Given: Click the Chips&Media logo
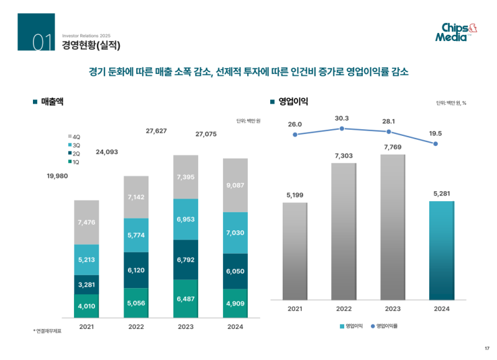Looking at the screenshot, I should (457, 32).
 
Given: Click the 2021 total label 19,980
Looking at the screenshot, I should (57, 176).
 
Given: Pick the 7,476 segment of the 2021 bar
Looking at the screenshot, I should (86, 222).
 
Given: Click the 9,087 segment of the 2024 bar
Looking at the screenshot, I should (235, 185).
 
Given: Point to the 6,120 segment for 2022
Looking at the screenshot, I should (136, 271).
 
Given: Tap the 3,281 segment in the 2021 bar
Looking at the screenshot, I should (86, 284).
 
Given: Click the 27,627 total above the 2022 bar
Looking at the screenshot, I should (156, 131).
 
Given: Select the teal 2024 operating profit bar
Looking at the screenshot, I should (442, 250).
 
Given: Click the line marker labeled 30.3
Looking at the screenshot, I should (342, 128).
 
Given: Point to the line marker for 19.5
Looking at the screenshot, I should (435, 144).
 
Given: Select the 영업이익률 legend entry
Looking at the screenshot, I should (386, 326).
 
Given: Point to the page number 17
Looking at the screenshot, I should (486, 347).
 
